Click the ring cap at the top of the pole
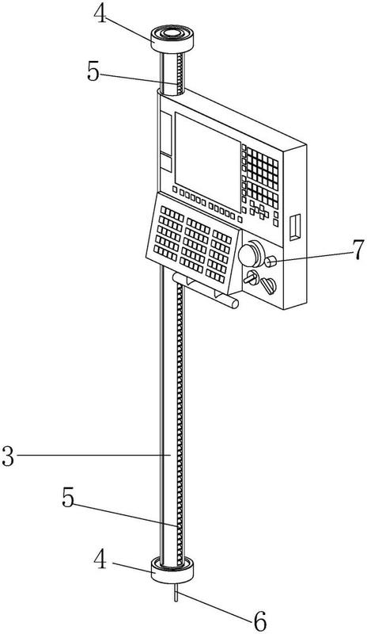172,40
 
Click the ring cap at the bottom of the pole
172,570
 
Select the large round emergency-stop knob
250,254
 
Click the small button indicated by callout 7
270,262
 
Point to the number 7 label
358,250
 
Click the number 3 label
8,456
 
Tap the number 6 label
259,621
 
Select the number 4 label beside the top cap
101,14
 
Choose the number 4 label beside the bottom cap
101,560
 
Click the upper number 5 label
93,73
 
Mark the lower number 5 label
68,498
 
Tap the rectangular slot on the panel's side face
296,227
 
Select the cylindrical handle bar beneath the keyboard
206,290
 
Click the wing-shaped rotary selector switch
268,285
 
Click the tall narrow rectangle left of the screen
166,132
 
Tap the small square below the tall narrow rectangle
166,164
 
